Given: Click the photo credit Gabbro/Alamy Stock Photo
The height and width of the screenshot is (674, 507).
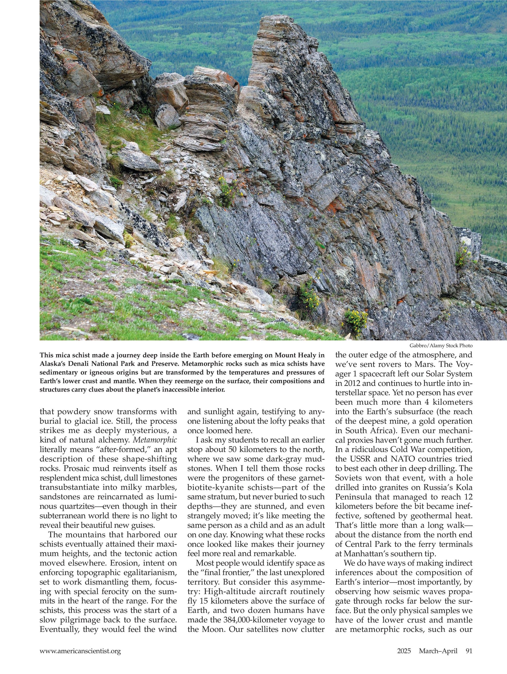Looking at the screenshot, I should coord(441,346).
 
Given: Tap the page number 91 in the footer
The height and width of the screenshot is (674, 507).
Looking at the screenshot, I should coord(469,651).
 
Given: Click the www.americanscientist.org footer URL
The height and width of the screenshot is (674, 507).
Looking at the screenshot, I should coord(80,651).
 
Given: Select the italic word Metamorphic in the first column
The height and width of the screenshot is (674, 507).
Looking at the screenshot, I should coord(155,440).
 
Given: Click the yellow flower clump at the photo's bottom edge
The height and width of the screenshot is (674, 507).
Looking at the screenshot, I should coord(355,321).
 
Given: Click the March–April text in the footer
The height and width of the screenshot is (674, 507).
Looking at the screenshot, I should coord(438,651).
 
